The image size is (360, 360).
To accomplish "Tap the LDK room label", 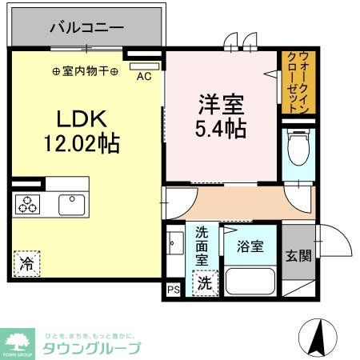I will (77, 118).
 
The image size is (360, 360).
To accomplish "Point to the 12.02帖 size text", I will (82, 144).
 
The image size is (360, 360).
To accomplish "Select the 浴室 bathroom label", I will (249, 248).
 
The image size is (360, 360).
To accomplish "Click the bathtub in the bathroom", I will (249, 282).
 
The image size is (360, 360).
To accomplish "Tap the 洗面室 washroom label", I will (203, 245).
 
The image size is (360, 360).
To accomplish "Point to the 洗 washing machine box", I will (205, 282).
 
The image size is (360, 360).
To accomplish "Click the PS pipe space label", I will (174, 290).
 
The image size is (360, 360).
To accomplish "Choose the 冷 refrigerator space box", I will (26, 262).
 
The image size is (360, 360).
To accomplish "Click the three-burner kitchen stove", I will (28, 204).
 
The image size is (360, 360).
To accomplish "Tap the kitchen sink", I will (71, 204).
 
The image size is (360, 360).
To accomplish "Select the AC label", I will (144, 76).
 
